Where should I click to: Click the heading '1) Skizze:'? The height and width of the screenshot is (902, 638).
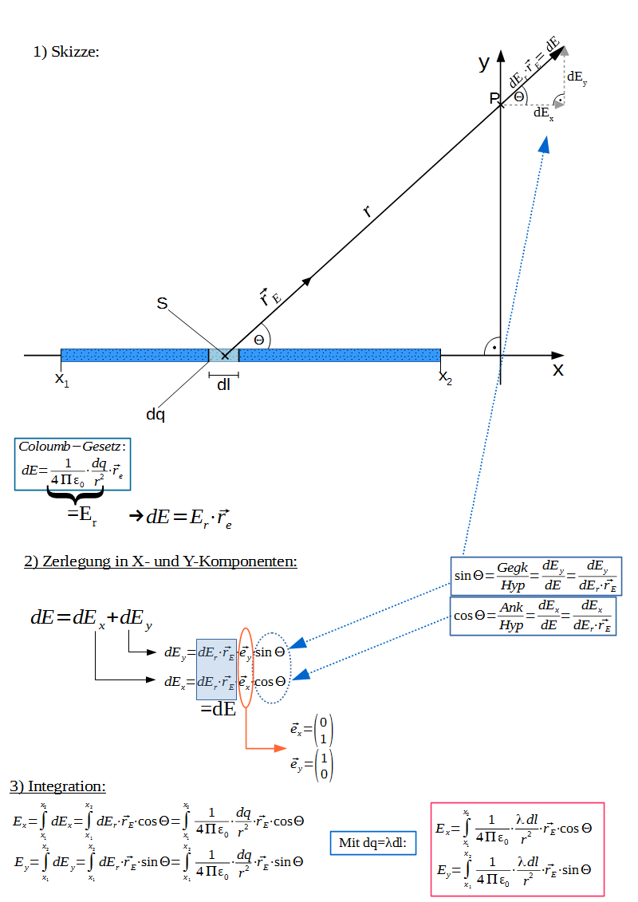click(66, 52)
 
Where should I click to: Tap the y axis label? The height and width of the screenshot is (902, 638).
click(484, 63)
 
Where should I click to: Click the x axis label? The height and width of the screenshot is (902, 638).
click(558, 370)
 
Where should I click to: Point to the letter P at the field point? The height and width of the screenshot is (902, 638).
click(494, 98)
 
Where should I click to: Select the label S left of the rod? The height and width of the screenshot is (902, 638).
click(162, 303)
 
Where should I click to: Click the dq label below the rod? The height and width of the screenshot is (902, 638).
click(156, 414)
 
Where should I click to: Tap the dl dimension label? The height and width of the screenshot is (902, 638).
click(223, 384)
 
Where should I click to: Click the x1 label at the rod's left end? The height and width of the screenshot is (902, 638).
click(62, 379)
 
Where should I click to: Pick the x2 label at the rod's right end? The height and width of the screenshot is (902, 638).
click(445, 377)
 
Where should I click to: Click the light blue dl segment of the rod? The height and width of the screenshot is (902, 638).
click(224, 356)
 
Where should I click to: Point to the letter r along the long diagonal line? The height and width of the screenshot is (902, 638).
click(367, 211)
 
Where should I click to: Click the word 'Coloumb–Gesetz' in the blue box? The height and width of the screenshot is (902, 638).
click(69, 447)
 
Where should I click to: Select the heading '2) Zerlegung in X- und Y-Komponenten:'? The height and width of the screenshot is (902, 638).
click(160, 561)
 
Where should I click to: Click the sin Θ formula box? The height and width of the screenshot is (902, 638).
click(536, 576)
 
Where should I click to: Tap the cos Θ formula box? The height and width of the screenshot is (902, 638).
click(534, 616)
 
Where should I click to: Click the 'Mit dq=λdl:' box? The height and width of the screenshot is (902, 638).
click(372, 843)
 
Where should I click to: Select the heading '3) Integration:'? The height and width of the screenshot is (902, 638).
click(57, 786)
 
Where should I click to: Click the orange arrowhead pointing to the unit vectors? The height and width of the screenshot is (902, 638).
click(280, 748)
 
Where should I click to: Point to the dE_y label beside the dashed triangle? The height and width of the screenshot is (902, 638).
click(577, 77)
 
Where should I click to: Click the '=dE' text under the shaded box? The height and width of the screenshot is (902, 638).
click(218, 709)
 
